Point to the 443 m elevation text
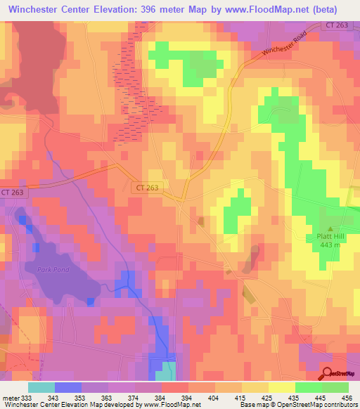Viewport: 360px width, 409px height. (328, 245)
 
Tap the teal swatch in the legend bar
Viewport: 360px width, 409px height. (41, 387)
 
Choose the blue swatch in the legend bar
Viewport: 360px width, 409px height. (68, 387)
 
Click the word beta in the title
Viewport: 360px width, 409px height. (323, 10)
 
